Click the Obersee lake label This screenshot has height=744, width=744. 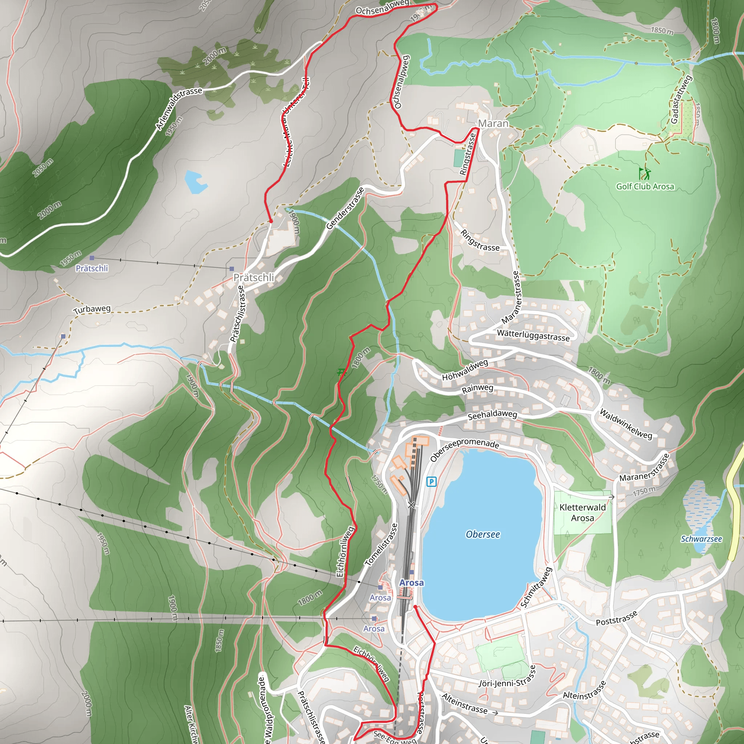click(x=482, y=534)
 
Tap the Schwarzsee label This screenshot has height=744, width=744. click(x=701, y=539)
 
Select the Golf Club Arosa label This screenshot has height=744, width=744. click(x=645, y=186)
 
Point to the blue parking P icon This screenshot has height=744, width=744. click(x=431, y=481)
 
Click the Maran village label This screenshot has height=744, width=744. click(x=493, y=124)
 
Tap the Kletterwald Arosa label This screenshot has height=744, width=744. click(x=582, y=513)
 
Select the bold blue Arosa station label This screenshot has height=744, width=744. click(x=411, y=583)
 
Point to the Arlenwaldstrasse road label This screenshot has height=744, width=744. click(x=179, y=108)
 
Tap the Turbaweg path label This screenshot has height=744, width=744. click(x=92, y=309)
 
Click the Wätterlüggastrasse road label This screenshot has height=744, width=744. click(x=533, y=335)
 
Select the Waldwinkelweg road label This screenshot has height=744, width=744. click(x=626, y=424)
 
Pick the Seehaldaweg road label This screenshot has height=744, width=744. click(x=492, y=415)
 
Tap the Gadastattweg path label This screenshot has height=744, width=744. click(x=681, y=99)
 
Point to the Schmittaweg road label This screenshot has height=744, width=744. click(x=536, y=587)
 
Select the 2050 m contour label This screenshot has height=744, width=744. click(x=43, y=167)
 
